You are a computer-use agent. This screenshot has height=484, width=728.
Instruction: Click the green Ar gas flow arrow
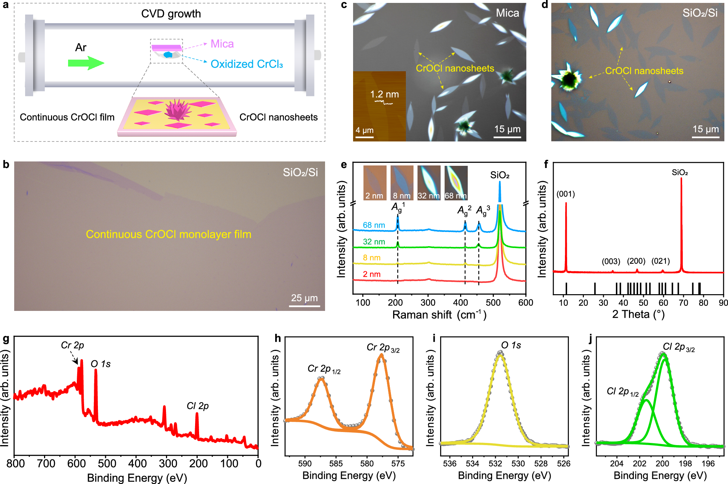point(86,63)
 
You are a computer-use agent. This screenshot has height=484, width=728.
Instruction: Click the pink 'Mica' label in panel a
point(222,44)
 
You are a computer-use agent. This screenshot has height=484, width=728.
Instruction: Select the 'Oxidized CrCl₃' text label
point(246,64)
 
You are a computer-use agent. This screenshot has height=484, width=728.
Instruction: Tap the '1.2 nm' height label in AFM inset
point(384,95)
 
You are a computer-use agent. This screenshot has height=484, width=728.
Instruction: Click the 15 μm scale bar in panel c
point(507,137)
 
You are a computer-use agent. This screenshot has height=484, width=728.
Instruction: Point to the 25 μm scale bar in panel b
point(304,306)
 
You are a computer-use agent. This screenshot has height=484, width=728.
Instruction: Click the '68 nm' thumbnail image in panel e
point(456,183)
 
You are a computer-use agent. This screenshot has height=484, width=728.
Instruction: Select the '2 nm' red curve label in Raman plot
point(372,274)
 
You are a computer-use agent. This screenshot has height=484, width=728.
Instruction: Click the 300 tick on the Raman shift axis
point(428,303)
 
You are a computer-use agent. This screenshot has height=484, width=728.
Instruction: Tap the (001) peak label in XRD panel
point(566,194)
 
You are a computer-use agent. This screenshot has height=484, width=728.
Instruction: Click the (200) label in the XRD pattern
point(636,261)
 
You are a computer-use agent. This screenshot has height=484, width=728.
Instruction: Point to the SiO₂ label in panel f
point(680,172)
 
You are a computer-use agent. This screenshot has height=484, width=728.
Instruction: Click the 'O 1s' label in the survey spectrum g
point(100,364)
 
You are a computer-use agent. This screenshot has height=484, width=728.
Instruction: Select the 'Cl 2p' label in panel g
point(198,406)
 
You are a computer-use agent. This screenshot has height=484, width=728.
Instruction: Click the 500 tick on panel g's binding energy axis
point(107,464)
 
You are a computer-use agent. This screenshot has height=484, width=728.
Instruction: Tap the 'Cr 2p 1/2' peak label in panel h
point(324,369)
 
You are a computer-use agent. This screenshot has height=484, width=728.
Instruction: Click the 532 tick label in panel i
point(495,464)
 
